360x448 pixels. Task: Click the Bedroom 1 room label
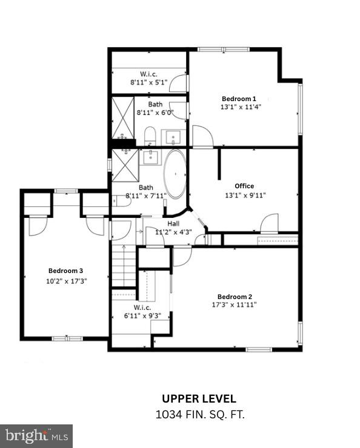click(x=239, y=99)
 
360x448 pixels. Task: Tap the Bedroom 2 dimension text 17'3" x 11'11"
click(x=235, y=305)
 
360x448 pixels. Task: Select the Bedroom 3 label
click(x=65, y=271)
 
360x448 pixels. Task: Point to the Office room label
click(x=244, y=186)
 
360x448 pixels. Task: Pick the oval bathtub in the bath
click(x=176, y=174)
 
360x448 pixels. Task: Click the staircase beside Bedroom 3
click(x=123, y=264)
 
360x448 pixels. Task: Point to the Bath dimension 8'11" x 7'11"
click(x=145, y=196)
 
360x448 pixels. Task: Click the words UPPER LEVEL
click(x=199, y=399)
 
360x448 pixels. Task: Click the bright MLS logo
click(x=36, y=435)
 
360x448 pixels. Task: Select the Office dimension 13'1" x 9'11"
click(x=245, y=195)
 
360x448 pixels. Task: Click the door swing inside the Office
click(x=269, y=224)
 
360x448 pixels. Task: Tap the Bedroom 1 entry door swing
click(x=202, y=136)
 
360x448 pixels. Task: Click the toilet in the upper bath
click(x=150, y=135)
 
